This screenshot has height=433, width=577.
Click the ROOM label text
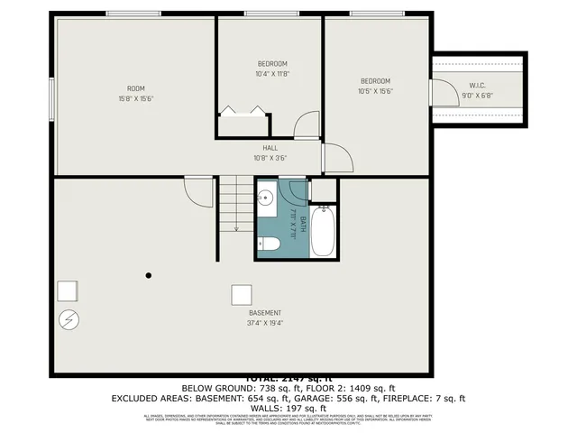pos(135,88)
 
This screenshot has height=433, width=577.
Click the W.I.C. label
pos(477,85)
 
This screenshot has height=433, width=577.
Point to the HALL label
pos(270,148)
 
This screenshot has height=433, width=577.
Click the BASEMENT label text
pos(265,313)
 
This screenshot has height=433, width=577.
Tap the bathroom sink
pos(268,198)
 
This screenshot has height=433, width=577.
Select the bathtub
pos(323,231)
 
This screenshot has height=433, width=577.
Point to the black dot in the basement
pos(149,275)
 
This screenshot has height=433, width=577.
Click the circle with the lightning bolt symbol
pos(69,319)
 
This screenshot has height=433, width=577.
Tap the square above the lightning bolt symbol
pos(67,290)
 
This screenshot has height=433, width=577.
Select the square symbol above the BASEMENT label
pos(241,295)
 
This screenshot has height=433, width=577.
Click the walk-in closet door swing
pos(443,93)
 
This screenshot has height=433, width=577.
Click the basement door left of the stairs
pos(198,189)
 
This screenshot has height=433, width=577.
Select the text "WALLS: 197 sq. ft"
pos(288,408)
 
